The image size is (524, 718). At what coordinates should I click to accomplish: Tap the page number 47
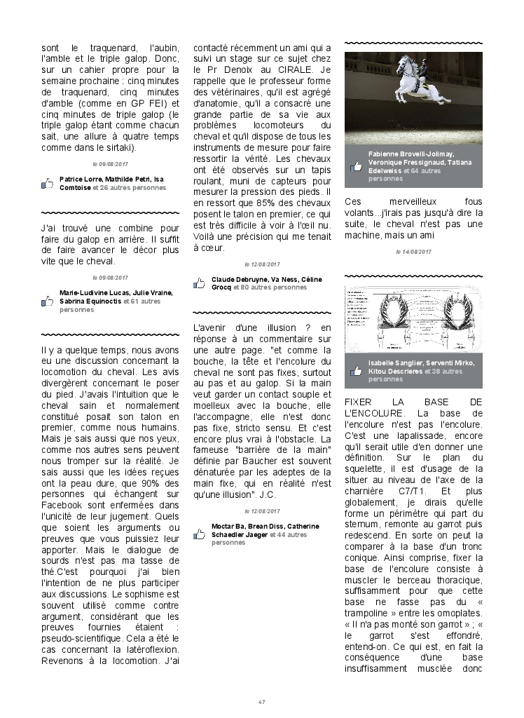coord(261,701)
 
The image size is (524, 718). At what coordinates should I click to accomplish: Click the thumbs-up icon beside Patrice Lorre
coord(48,184)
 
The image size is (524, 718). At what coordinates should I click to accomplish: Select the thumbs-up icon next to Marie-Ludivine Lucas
coord(48,301)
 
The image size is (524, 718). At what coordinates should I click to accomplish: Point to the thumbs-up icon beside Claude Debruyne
coord(200,283)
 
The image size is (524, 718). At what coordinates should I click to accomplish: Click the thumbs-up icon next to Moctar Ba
coord(200,534)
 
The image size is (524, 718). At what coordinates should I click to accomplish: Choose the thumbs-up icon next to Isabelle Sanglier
coord(357,371)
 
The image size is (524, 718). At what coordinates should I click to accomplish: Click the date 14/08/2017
coord(413,251)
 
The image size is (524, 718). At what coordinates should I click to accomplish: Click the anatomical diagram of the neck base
coord(413,319)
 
